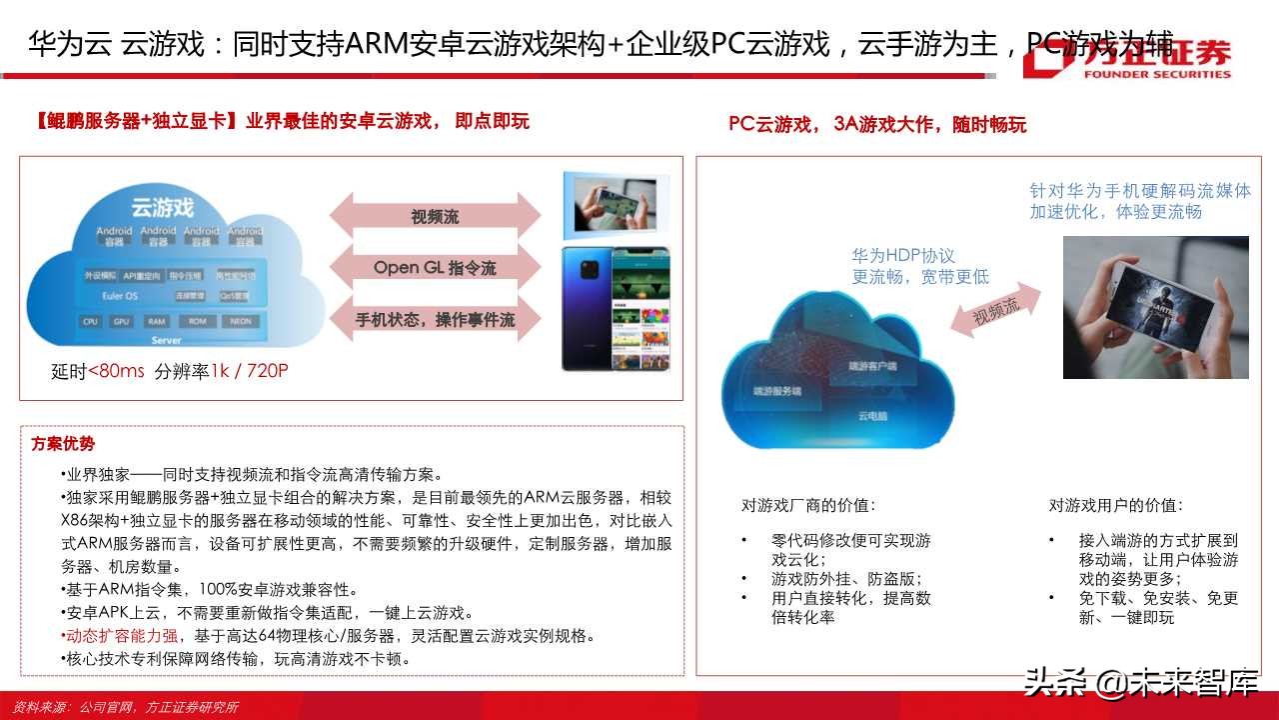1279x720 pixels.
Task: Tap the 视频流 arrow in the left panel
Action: (x=435, y=217)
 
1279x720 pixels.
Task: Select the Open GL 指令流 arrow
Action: (x=435, y=268)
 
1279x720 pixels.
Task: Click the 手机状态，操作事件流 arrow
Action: (x=435, y=320)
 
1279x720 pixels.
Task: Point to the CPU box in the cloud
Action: (x=91, y=322)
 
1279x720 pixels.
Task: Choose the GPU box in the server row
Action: (x=122, y=322)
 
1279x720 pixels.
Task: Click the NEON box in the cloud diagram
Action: (x=240, y=322)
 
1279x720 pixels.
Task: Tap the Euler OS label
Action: (x=120, y=296)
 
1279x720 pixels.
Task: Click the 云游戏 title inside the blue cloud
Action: (x=163, y=207)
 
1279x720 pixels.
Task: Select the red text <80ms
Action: (x=116, y=371)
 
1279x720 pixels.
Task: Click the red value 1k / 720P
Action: (x=249, y=371)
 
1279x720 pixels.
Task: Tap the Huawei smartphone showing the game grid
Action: (x=615, y=308)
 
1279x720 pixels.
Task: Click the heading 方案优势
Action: (x=63, y=444)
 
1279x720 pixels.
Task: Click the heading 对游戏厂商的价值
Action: (x=807, y=505)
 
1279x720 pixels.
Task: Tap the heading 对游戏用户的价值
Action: (x=1115, y=505)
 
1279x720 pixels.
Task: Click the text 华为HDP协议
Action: (x=903, y=256)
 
